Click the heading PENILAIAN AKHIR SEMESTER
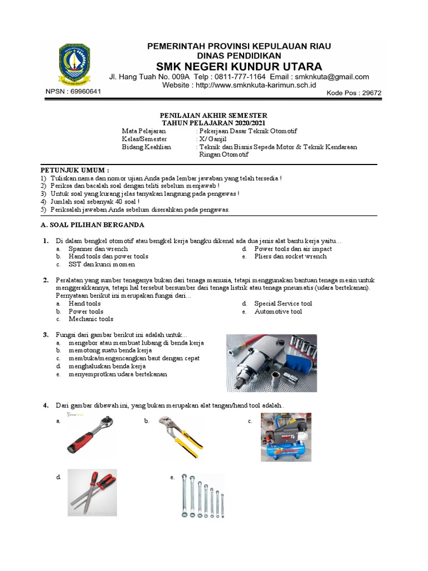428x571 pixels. coord(214,115)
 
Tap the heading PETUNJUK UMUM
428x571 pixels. coord(75,170)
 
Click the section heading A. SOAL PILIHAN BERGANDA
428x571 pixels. coord(93,225)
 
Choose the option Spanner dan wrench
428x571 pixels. coord(98,249)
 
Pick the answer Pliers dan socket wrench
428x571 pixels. coord(290,257)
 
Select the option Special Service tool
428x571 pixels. coord(283,304)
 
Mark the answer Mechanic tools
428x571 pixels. coord(91,320)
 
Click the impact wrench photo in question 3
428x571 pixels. coord(271,363)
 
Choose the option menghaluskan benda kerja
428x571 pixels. coord(107,366)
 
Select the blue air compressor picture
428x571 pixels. coord(286,437)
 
